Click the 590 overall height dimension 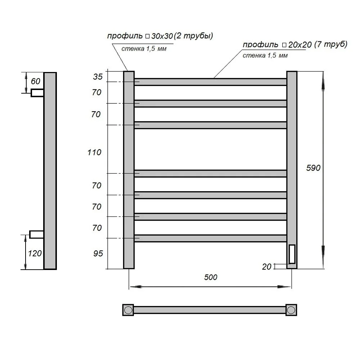coord(313,168)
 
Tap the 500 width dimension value coord(211,277)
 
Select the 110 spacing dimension coord(94,152)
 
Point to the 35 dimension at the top coord(98,77)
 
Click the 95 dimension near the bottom coord(98,253)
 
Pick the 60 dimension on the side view coord(35,81)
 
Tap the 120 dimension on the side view coord(35,253)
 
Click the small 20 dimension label coord(266,267)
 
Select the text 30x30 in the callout coord(162,36)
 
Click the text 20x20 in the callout coord(300,45)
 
